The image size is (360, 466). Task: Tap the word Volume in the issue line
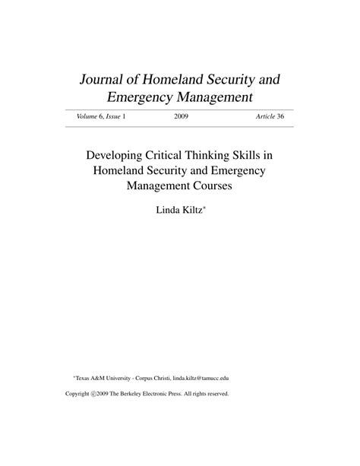(x=87, y=116)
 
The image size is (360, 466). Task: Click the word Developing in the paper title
(x=116, y=154)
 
